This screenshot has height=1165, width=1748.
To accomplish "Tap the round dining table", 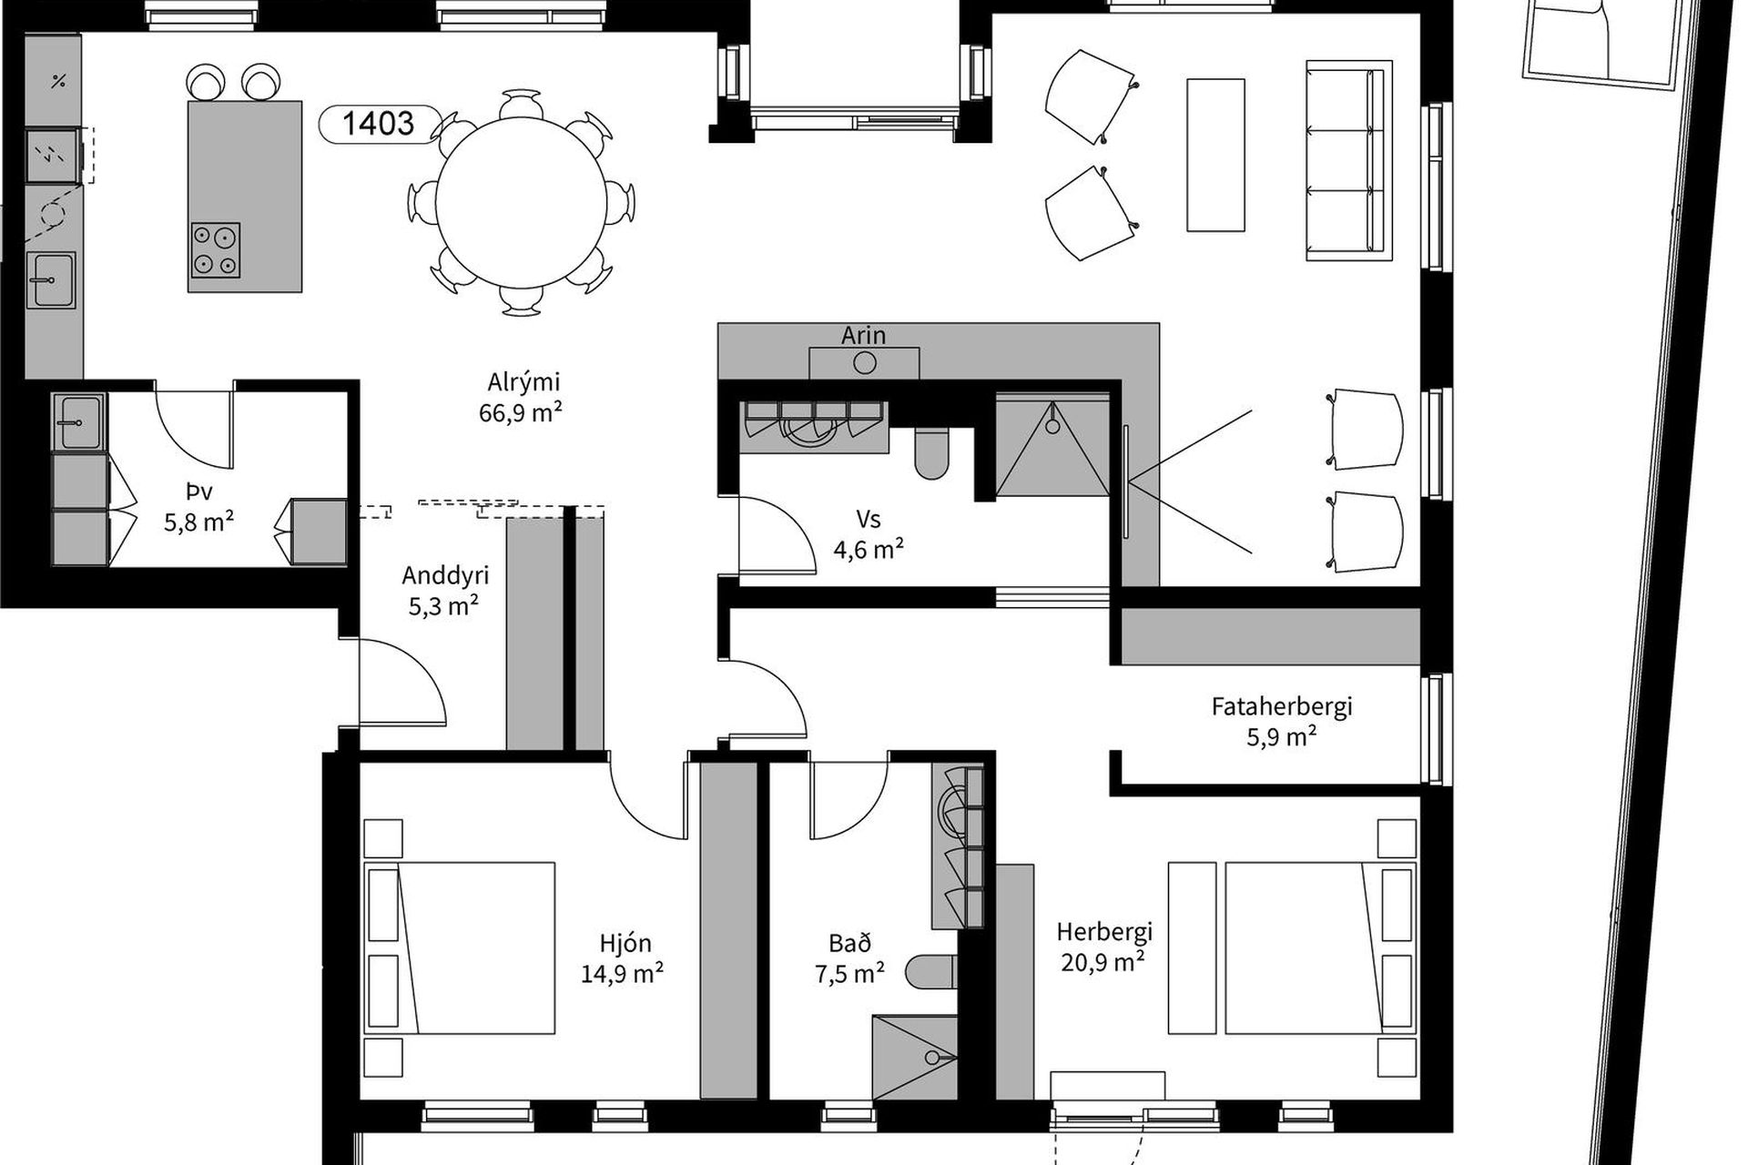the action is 521,202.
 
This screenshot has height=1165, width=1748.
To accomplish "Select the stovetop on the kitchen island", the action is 216,250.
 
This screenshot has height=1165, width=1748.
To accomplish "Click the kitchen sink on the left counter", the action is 51,280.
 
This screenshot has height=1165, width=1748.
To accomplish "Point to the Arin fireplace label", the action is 863,335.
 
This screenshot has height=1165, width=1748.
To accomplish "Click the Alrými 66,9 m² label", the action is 521,397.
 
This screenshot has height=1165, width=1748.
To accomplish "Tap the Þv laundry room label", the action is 198,506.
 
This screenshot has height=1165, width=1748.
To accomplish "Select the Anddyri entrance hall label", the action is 445,590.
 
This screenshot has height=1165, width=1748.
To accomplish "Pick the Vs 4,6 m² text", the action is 869,533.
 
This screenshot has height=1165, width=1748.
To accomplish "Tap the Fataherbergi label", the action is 1282,720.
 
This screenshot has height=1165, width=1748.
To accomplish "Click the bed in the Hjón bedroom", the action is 460,947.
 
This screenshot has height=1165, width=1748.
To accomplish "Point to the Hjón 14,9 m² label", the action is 623,958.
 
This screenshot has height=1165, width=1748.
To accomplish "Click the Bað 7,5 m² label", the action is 849,958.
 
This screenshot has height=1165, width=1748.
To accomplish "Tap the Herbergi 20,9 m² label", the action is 1103,947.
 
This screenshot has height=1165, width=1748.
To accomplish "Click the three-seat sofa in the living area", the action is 1349,160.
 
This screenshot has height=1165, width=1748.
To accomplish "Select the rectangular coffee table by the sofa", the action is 1215,155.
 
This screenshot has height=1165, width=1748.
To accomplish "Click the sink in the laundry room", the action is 80,421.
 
